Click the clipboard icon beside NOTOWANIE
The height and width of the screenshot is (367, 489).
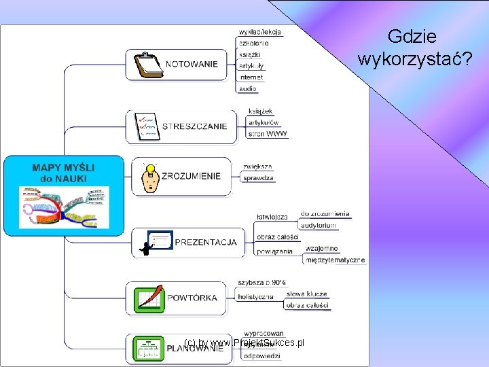pos(147,65)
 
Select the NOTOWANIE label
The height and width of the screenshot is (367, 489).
pos(192,65)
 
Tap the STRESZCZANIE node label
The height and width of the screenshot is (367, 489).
pos(194,126)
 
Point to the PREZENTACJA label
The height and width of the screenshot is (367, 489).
pos(206,242)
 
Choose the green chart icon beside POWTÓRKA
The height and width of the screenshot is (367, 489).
pos(149,298)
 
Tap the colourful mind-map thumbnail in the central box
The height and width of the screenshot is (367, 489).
pos(63,207)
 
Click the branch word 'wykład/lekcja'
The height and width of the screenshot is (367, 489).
pos(260,32)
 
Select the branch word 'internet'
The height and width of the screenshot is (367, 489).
pos(251,77)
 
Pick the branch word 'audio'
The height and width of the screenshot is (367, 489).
pos(248,89)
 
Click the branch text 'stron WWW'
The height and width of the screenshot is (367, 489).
pos(268,134)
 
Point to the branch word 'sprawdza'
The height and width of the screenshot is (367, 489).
pos(258,178)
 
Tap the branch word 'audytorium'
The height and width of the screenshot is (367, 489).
pos(319,225)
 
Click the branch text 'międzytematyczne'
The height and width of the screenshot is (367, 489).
pos(335,260)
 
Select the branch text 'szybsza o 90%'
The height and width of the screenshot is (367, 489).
pos(261,282)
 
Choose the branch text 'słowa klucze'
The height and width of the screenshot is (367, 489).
pos(306,294)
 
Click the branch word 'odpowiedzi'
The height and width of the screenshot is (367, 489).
pos(262,356)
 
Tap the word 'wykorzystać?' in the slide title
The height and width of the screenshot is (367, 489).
pos(415,60)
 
